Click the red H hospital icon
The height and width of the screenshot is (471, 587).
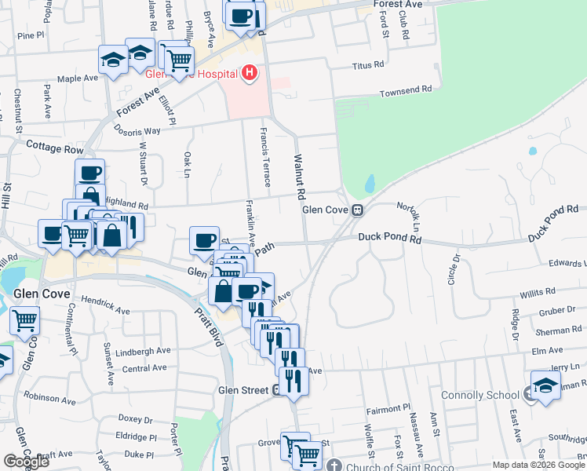click(x=250, y=74)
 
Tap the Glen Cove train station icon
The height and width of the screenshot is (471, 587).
click(x=357, y=210)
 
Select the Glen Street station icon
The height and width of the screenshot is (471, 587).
click(x=278, y=390)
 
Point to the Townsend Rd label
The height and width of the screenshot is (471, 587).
click(x=406, y=89)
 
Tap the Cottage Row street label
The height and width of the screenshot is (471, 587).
click(x=54, y=147)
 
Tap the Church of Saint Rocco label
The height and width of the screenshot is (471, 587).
click(x=398, y=463)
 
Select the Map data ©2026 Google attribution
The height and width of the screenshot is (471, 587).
click(x=538, y=465)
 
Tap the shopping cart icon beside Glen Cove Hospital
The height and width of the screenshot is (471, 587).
click(x=180, y=57)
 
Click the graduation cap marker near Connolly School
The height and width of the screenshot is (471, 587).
click(x=545, y=385)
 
